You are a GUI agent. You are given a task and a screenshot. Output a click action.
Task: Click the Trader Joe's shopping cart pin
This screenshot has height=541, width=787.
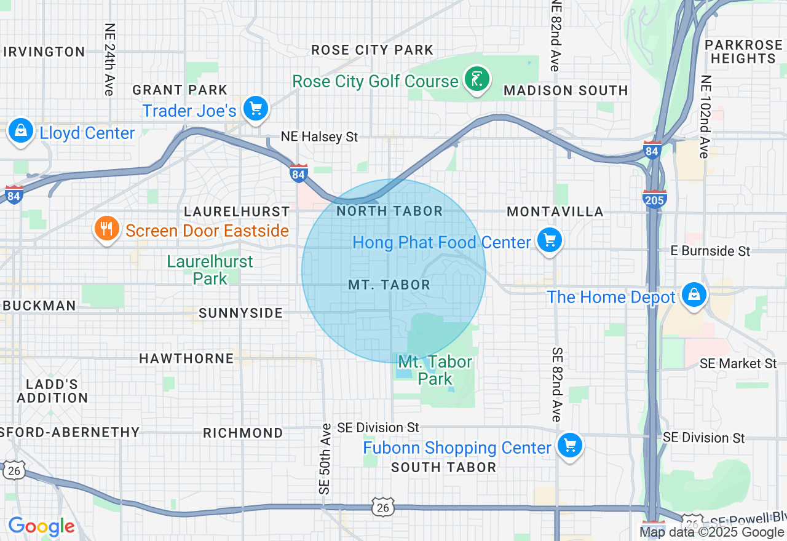tap(256, 109)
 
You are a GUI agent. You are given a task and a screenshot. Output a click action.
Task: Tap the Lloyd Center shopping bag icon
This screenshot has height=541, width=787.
tap(21, 131)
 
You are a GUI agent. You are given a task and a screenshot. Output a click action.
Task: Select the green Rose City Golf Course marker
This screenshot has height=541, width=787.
tap(477, 79)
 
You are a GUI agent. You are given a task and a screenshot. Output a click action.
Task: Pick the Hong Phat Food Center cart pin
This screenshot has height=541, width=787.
tap(549, 240)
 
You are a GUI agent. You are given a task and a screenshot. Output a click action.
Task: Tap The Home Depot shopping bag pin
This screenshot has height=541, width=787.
tap(694, 295)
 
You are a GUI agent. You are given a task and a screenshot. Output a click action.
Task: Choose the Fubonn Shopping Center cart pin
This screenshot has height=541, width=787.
tap(569, 446)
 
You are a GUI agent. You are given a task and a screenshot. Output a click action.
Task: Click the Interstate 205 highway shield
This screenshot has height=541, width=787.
tap(654, 199)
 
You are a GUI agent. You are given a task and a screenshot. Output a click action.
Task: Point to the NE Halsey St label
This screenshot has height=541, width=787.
tap(319, 136)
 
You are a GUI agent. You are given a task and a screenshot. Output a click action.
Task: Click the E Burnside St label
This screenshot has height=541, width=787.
tap(710, 251)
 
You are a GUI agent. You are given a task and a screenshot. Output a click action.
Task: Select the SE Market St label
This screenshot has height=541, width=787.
tap(738, 363)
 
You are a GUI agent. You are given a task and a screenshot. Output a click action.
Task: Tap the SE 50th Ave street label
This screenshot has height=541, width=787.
tap(325, 458)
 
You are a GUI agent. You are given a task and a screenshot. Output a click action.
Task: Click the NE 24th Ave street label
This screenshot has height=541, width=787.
tap(109, 60)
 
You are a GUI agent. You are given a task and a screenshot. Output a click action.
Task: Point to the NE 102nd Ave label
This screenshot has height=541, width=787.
tap(705, 117)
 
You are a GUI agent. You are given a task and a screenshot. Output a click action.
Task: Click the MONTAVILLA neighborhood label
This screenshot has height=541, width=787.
tap(555, 211)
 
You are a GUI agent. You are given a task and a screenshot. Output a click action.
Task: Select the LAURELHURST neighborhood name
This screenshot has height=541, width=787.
tap(237, 211)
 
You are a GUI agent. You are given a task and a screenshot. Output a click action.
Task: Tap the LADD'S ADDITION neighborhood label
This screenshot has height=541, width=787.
tap(52, 391)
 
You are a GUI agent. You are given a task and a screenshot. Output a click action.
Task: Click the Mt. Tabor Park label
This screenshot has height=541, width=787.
tap(435, 370)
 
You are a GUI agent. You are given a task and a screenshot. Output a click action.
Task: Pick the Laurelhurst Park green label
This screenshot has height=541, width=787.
tap(210, 270)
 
